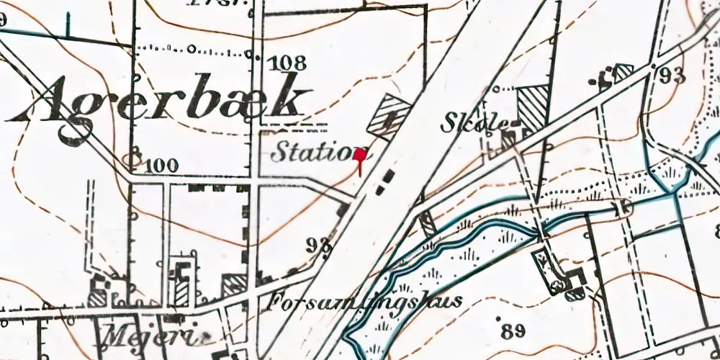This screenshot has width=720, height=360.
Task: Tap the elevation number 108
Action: click(286, 62)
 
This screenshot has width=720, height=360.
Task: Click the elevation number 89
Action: click(512, 331)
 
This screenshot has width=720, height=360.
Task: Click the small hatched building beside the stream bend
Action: click(428, 224)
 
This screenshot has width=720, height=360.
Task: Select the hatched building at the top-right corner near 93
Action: click(622, 71)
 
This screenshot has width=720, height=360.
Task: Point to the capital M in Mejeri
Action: click(115, 335)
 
